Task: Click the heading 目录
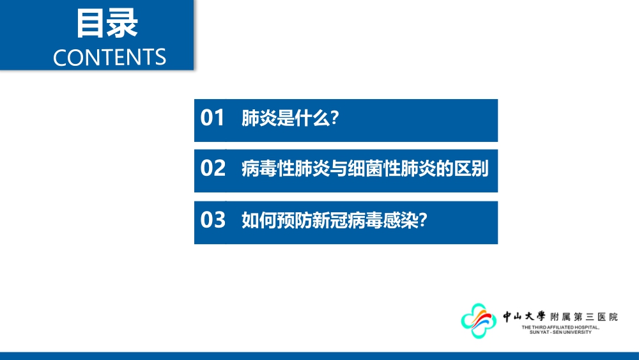[x=107, y=24]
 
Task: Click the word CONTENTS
[x=110, y=58]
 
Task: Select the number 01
[x=212, y=118]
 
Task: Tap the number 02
[x=213, y=168]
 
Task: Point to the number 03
[x=213, y=220]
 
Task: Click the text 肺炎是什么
[x=286, y=118]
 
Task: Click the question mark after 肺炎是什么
[x=335, y=118]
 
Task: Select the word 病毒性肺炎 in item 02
[x=286, y=168]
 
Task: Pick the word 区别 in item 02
[x=472, y=168]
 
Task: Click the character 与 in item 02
[x=339, y=168]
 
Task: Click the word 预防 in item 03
[x=295, y=220]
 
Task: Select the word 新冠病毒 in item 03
[x=348, y=220]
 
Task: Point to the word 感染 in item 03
[x=401, y=220]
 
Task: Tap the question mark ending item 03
[x=423, y=220]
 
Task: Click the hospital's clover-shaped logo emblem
[x=479, y=320]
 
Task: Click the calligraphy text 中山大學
[x=524, y=317]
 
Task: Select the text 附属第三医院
[x=584, y=317]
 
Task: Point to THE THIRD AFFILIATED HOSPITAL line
[x=560, y=327]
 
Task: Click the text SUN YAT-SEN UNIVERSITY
[x=560, y=333]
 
